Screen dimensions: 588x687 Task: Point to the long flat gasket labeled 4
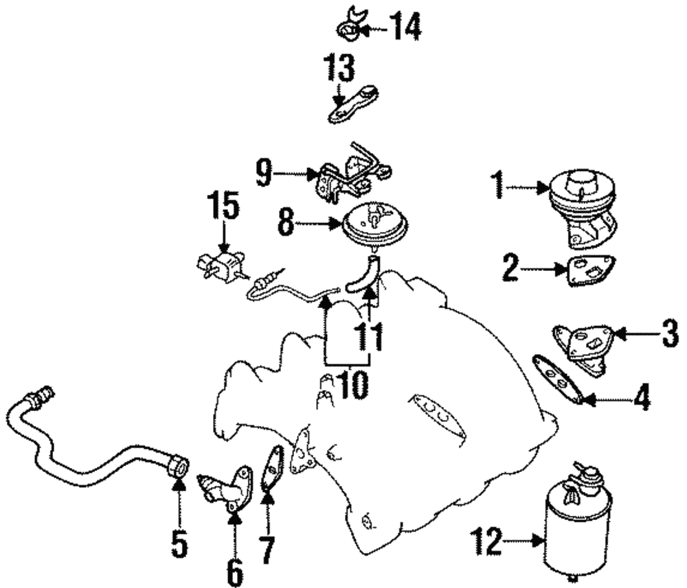pos(559,377)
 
